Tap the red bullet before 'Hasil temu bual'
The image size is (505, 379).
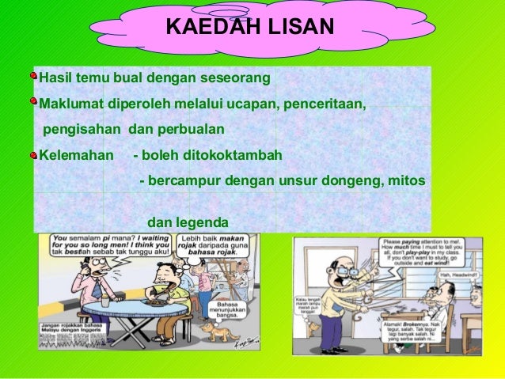(x=33, y=77)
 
